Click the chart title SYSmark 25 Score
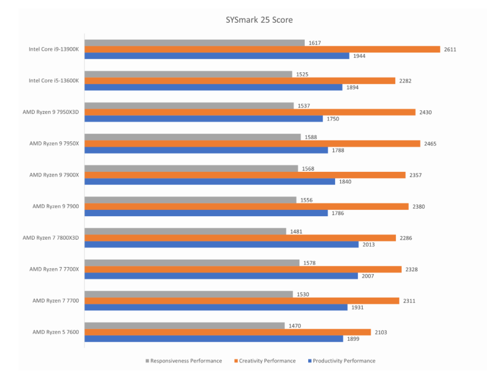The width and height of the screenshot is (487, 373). pos(259,20)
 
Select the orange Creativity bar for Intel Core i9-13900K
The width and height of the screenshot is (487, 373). pos(262,49)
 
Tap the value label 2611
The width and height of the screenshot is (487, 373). pos(450,49)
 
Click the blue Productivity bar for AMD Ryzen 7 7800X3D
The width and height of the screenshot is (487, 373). pos(222,244)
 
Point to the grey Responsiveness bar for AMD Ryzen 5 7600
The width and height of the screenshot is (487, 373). pos(185,326)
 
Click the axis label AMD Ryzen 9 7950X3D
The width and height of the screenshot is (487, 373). pos(51,112)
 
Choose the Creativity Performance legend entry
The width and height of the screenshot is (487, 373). pos(267,360)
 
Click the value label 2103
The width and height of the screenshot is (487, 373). pos(380,332)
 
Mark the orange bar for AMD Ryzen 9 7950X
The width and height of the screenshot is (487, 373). pos(252,143)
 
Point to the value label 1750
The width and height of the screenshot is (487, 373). pos(333,119)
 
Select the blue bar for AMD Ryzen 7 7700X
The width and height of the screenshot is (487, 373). pos(221,276)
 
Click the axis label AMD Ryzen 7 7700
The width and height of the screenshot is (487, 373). pos(55,301)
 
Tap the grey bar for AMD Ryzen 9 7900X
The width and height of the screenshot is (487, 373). pos(191,168)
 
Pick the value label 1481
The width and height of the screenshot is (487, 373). pos(296,232)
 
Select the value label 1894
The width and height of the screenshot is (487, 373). pos(352,87)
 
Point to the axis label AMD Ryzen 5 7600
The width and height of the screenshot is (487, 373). pos(55,332)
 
